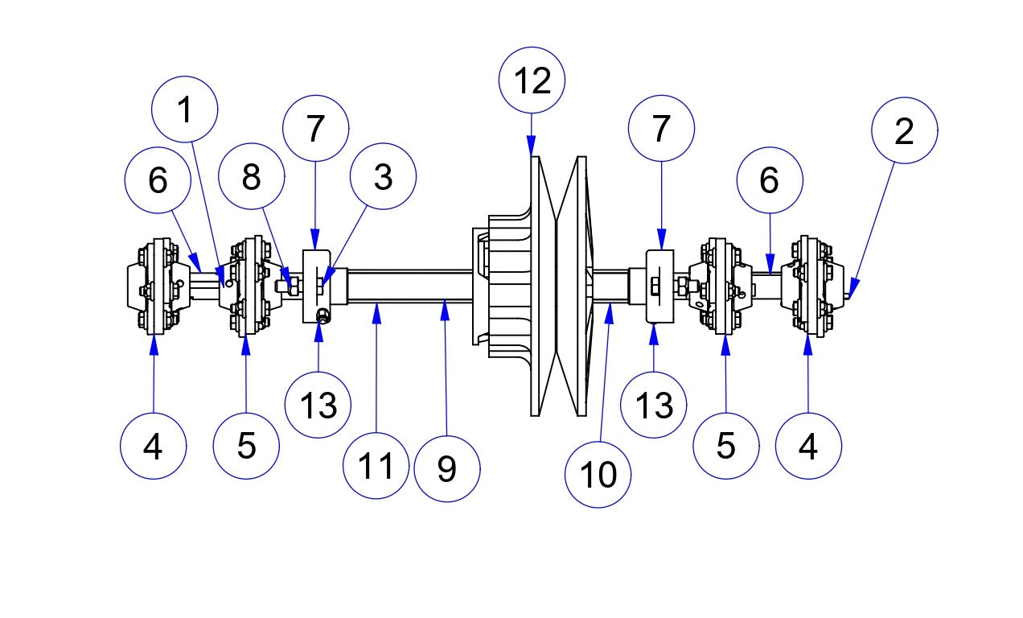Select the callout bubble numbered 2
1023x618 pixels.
point(905,131)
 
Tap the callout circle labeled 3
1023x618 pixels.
point(383,177)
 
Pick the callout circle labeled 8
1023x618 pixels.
point(252,177)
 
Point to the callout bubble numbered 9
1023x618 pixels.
point(447,468)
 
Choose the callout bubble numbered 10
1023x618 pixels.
point(598,475)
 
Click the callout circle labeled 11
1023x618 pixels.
point(376,465)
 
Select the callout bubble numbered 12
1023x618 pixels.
point(532,80)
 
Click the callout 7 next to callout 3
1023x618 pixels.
point(315,128)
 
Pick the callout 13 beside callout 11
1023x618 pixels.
point(318,405)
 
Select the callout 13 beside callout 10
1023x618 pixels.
point(654,405)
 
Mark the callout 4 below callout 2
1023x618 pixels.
point(809,446)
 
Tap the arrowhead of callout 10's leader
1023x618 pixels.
point(609,310)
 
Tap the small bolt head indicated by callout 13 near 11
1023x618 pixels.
point(322,315)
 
